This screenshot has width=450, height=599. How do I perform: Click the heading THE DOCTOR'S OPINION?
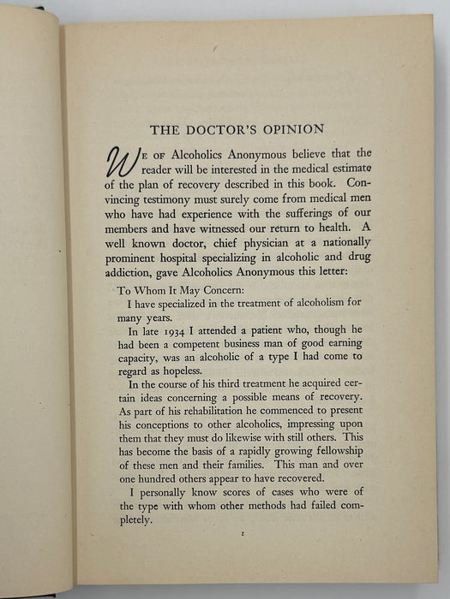(237, 130)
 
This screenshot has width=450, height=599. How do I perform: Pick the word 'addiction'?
(141, 269)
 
